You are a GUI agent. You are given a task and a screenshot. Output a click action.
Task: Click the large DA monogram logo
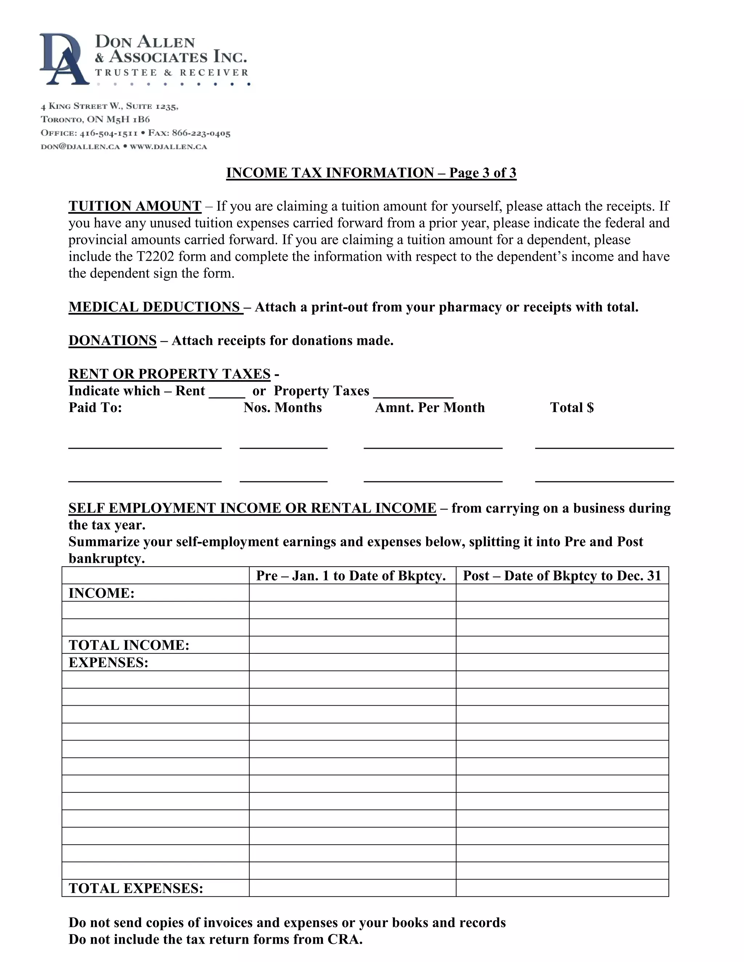(x=64, y=60)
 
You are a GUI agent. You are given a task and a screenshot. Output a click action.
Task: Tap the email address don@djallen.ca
(x=80, y=147)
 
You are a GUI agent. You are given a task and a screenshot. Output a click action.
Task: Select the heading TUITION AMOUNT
(x=135, y=206)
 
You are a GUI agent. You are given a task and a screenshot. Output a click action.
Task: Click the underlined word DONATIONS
(x=112, y=341)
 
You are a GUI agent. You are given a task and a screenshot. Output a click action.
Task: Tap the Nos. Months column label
(x=283, y=407)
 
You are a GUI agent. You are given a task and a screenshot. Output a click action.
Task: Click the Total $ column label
(x=572, y=407)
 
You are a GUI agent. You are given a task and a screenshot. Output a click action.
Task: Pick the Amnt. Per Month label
(x=430, y=407)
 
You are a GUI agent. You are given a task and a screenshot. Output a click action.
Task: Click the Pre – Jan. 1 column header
(x=351, y=576)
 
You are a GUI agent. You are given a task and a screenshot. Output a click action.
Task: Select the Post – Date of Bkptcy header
(x=562, y=576)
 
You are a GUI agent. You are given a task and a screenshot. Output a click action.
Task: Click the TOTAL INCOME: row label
(x=129, y=645)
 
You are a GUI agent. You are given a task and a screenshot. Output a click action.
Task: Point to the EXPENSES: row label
(x=108, y=663)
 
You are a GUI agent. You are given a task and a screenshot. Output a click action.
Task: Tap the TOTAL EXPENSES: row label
(x=136, y=888)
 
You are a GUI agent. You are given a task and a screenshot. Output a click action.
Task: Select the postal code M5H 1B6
(x=128, y=119)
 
